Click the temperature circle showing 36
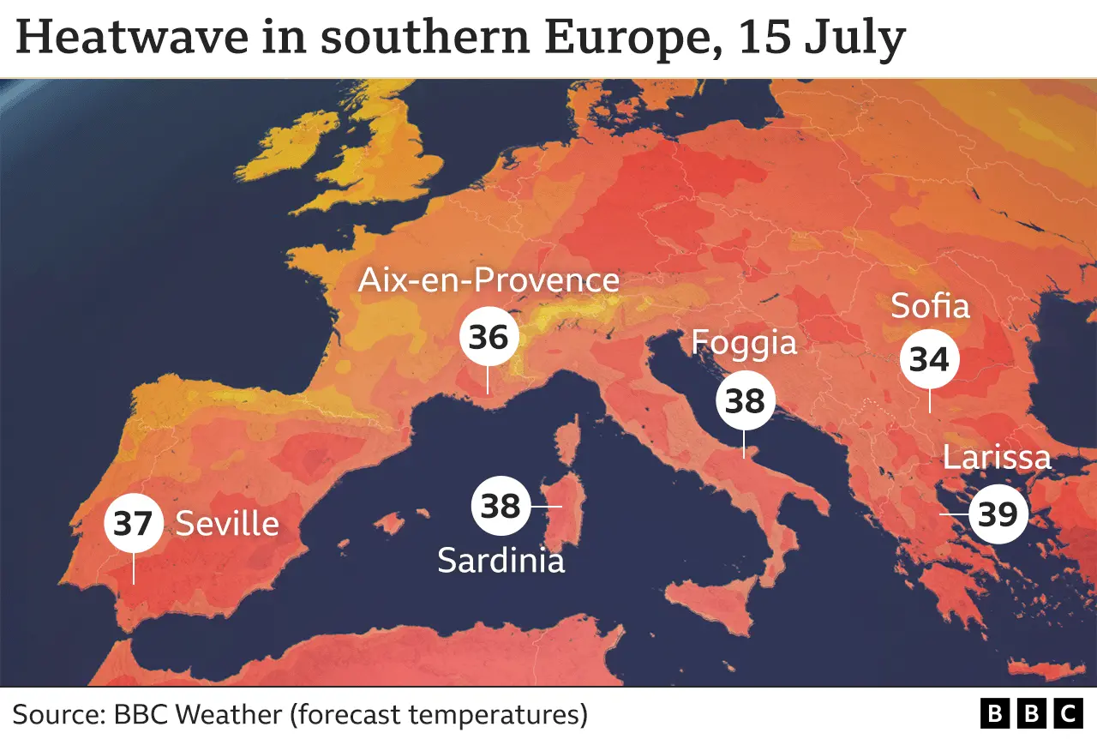coord(489,337)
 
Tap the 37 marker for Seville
coord(133,523)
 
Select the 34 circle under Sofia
coord(929,360)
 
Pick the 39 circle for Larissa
coord(998,514)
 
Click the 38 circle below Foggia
coord(746,400)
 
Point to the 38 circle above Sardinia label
coord(501,506)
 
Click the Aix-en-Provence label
coord(489,280)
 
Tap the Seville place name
coord(227,523)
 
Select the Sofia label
coord(930,306)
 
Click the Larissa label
coord(997,457)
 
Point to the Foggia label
coord(744,343)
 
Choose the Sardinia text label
coord(501,561)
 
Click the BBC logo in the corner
coord(1031,713)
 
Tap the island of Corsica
coord(568,446)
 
